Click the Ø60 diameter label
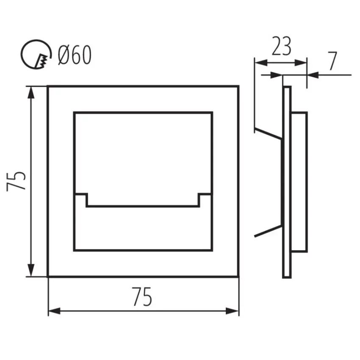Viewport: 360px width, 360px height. point(75,55)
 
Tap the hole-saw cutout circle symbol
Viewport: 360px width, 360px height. point(36,54)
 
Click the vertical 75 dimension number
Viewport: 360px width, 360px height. point(16,181)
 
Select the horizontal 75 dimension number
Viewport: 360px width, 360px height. point(142,296)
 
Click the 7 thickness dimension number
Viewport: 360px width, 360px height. point(332,61)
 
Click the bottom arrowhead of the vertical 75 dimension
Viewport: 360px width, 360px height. point(31,271)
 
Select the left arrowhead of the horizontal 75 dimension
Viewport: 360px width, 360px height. point(54,311)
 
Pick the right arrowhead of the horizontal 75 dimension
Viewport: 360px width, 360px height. point(233,311)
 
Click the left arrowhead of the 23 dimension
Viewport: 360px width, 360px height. point(261,62)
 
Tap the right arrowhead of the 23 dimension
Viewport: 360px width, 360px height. point(300,62)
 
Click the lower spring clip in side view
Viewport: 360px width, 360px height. point(268,231)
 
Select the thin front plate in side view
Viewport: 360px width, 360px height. point(287,182)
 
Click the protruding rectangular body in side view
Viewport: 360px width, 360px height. point(299,182)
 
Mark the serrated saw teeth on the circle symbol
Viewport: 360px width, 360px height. point(42,61)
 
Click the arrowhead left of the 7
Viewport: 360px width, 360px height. point(276,75)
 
